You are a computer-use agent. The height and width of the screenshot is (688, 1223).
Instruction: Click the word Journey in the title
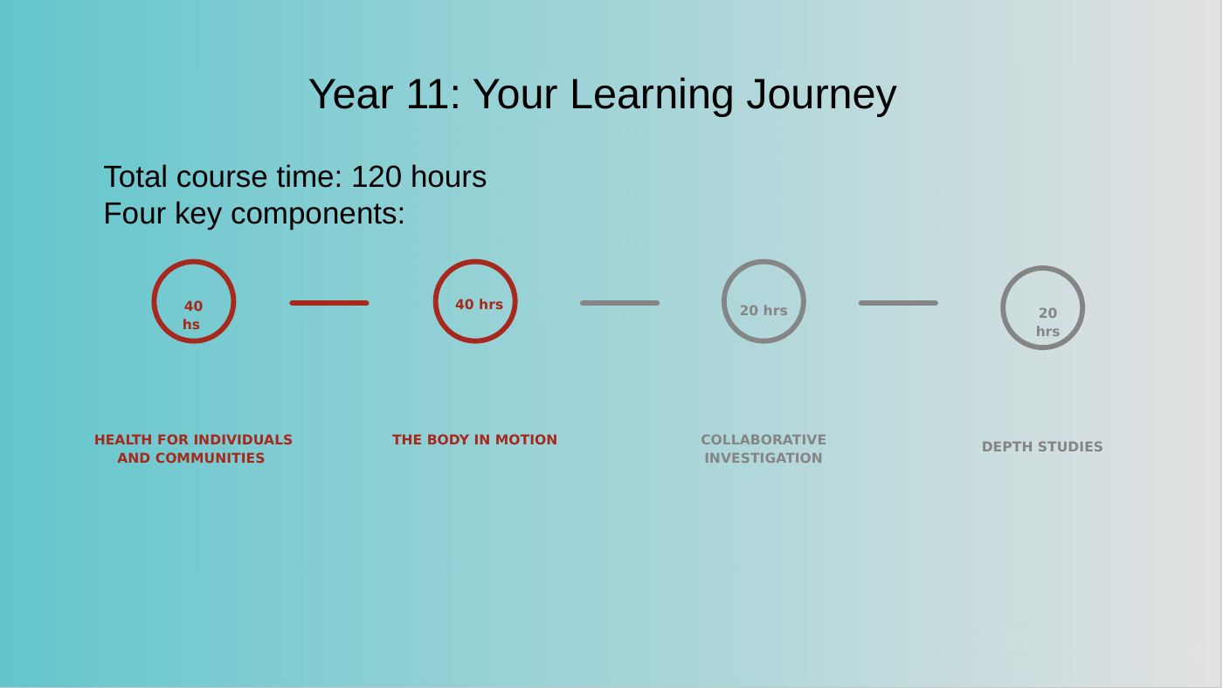[x=821, y=95]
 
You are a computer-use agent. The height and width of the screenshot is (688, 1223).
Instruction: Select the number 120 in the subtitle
[x=377, y=176]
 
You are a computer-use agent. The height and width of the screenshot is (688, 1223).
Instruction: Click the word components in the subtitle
[x=318, y=214]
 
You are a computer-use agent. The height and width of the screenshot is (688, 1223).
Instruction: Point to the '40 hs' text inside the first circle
[x=192, y=315]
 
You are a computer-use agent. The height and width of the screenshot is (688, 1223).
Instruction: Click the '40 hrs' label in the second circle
[x=479, y=305]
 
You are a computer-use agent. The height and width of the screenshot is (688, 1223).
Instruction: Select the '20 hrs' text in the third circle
[x=764, y=311]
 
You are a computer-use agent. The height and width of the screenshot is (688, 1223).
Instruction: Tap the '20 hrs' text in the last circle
[x=1047, y=322]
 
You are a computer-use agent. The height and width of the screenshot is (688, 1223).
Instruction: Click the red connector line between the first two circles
[x=329, y=303]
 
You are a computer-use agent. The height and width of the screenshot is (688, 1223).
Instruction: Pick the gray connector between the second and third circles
[x=619, y=303]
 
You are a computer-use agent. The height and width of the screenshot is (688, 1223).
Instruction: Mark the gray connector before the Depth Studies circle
[x=898, y=303]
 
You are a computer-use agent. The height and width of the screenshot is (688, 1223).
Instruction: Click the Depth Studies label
[x=1041, y=447]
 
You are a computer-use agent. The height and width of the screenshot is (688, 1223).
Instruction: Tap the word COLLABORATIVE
[x=764, y=440]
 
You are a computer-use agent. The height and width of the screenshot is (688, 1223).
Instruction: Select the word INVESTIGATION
[x=764, y=458]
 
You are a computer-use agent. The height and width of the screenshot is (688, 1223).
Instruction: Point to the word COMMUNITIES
[x=211, y=458]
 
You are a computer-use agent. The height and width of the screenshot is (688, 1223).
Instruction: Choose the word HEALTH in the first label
[x=123, y=440]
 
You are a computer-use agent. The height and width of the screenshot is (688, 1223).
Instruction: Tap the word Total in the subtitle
[x=135, y=176]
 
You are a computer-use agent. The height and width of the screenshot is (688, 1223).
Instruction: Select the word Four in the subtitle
[x=135, y=213]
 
